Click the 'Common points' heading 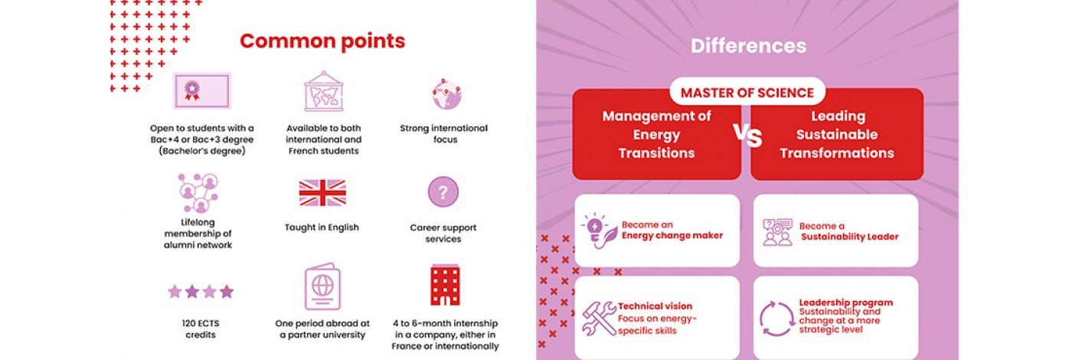coord(322,41)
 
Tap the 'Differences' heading coord(749,46)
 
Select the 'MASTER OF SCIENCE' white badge coord(747,92)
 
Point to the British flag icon coord(322,193)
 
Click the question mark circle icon coord(443,192)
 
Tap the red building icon coord(445,284)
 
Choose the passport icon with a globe coord(322,286)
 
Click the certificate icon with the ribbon coord(202,91)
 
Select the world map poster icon coord(324,91)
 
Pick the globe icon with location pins coord(446,93)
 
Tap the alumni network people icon coord(198,193)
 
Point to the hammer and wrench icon coord(599,317)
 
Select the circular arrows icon coord(776,319)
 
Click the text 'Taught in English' coord(322,227)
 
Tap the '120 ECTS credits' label coord(201,329)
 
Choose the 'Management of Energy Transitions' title coord(657,135)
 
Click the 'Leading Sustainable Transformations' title coord(837,135)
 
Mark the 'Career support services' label coord(443,233)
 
